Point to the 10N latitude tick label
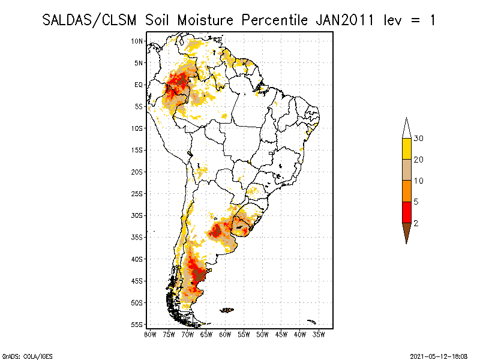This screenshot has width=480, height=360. click(137, 41)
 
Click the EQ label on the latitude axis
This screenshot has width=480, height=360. click(139, 85)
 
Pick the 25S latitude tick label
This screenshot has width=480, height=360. click(137, 194)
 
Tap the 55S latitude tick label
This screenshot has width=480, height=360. click(137, 325)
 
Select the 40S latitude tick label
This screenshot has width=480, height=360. click(137, 259)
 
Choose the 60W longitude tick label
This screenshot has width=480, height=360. click(224, 334)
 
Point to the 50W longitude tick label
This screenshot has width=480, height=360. click(262, 334)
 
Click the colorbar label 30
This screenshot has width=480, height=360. click(419, 139)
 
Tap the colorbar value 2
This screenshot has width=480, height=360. click(416, 223)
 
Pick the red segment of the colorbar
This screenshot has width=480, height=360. click(406, 212)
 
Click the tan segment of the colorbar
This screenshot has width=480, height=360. click(406, 170)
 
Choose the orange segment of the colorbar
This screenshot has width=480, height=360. click(406, 191)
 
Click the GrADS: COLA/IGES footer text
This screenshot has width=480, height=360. click(23, 355)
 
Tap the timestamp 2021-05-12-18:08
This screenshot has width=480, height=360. click(439, 355)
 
